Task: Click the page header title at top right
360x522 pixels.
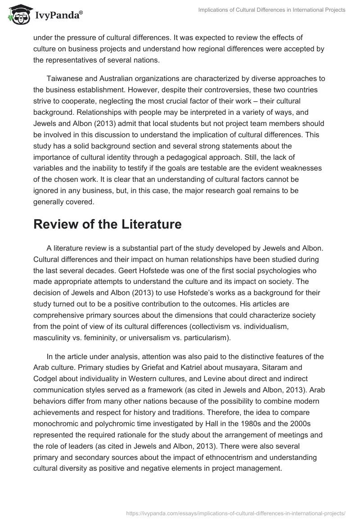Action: point(272,10)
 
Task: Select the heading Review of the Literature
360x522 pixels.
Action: point(108,224)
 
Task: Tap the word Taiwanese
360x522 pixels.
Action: point(64,79)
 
